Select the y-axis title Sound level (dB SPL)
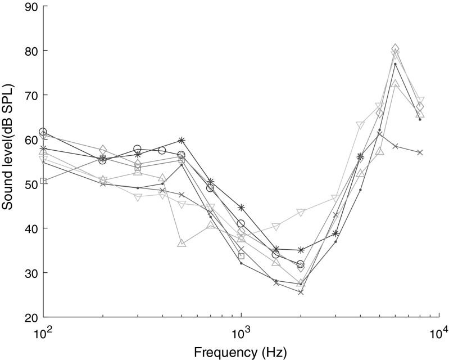8,161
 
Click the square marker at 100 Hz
43,181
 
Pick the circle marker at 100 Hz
43,132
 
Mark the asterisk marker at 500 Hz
182,140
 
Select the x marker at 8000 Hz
420,152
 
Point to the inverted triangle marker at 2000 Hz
301,213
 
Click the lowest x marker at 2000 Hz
301,292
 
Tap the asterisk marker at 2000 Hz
301,250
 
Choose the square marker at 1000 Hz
241,256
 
